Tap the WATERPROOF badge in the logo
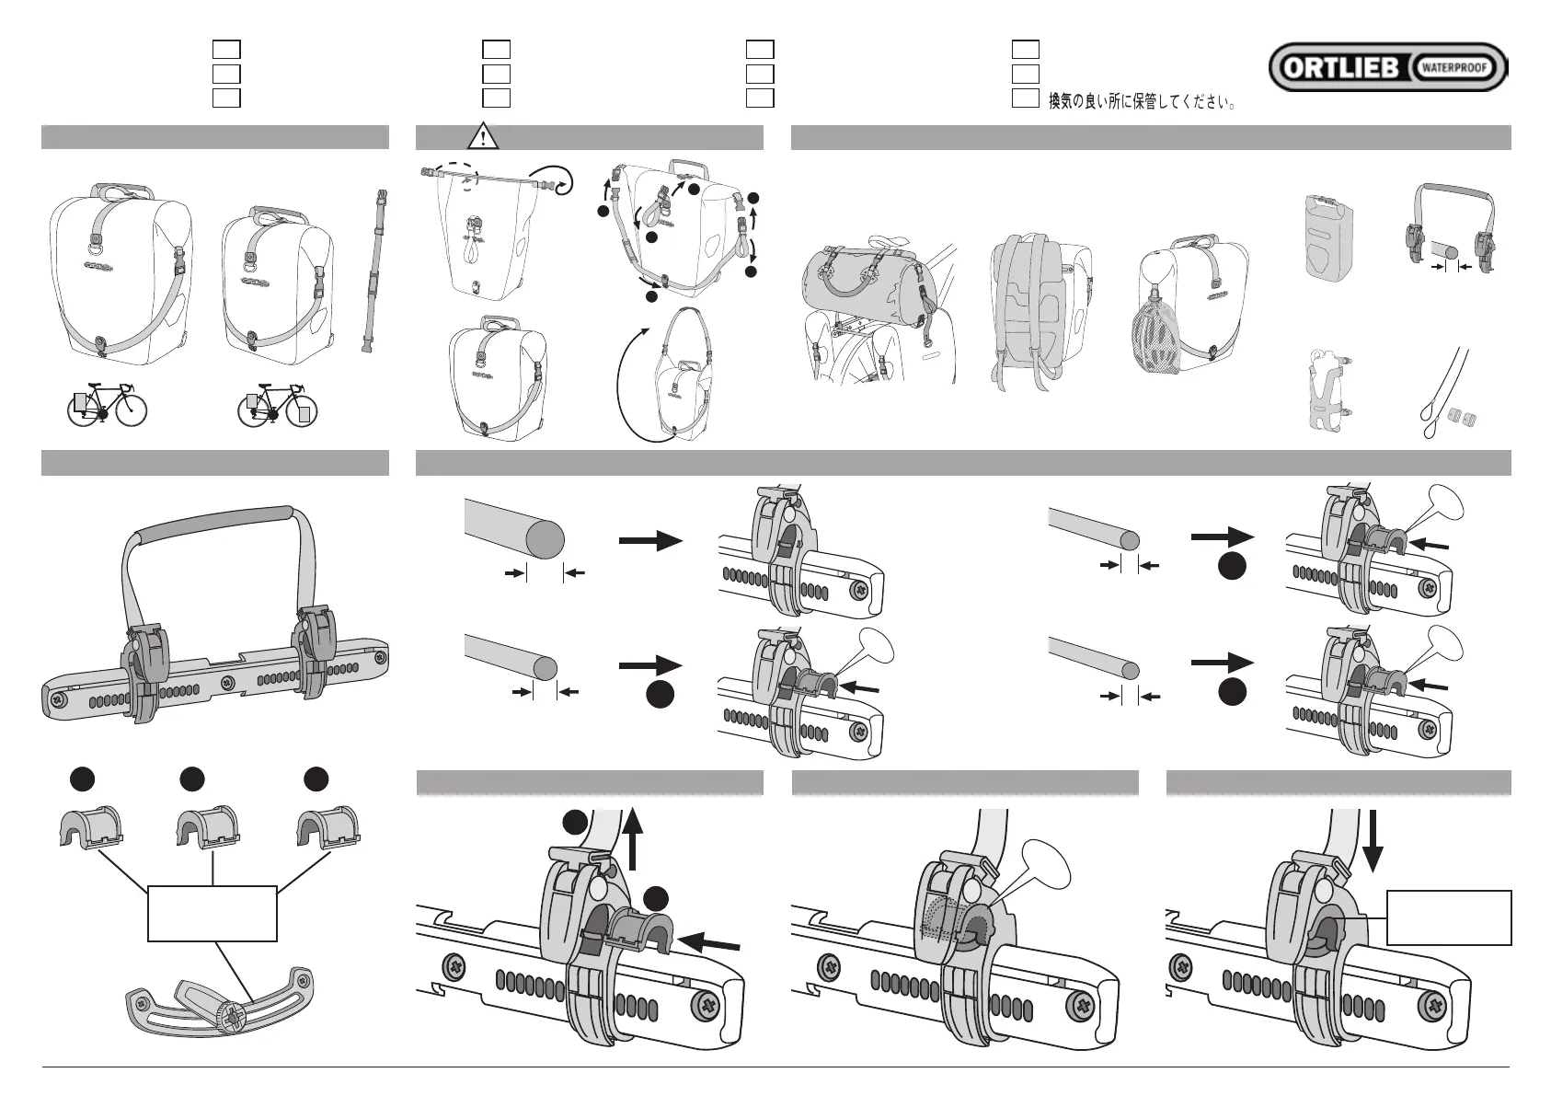point(1452,68)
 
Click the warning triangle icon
point(483,136)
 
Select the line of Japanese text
point(1142,102)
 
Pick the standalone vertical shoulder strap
point(373,271)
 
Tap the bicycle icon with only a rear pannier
point(108,405)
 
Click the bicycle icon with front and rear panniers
point(277,405)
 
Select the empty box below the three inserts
point(212,913)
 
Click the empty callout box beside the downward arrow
point(1449,917)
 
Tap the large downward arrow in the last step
point(1372,840)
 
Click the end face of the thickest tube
point(545,539)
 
